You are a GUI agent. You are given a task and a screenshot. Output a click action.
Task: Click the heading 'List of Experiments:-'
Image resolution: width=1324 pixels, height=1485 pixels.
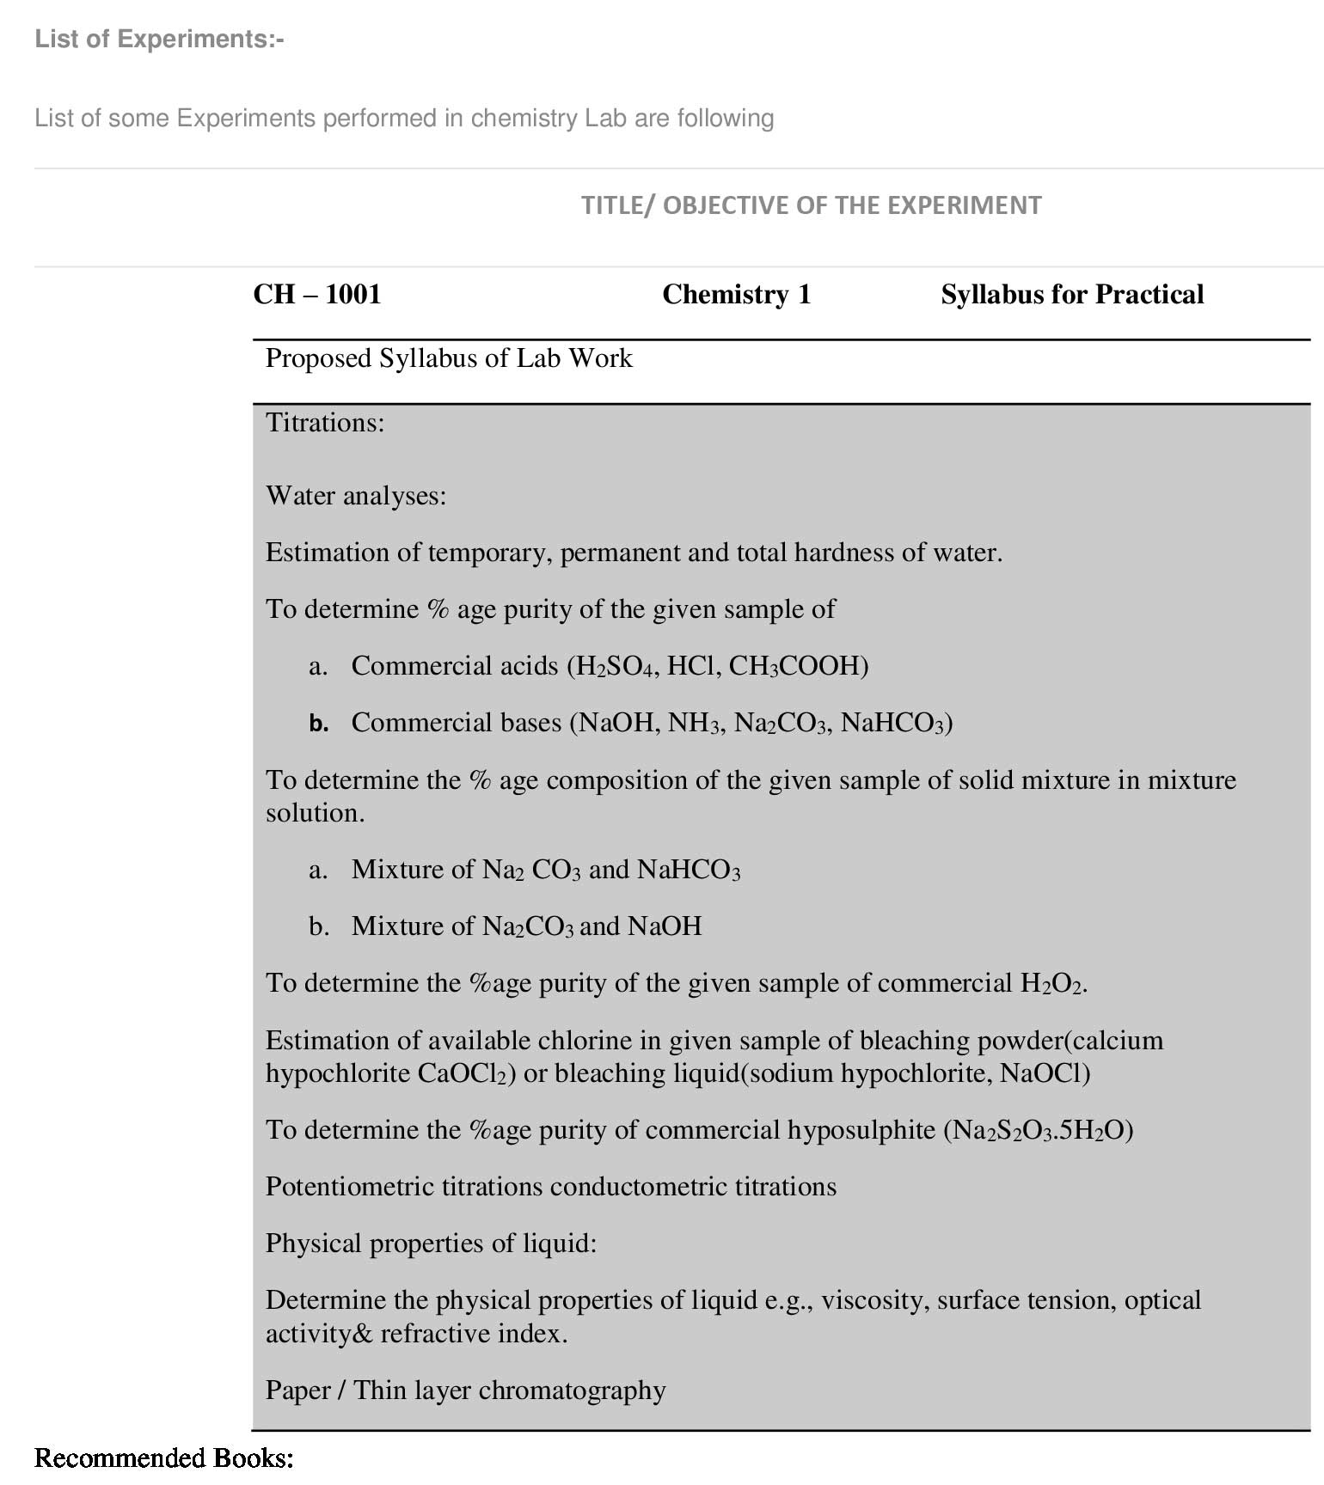(159, 40)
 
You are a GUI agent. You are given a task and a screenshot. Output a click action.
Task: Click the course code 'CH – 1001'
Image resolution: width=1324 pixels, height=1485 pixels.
(317, 295)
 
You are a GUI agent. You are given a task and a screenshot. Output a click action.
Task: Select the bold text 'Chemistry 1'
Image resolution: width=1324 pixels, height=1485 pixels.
(737, 295)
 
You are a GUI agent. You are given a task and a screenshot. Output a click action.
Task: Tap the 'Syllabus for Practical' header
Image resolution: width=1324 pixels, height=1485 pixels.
(1072, 295)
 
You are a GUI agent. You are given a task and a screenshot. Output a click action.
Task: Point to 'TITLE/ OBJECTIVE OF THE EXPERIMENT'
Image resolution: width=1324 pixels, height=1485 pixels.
(811, 205)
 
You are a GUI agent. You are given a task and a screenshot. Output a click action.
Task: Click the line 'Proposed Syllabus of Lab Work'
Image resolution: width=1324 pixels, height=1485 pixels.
(449, 358)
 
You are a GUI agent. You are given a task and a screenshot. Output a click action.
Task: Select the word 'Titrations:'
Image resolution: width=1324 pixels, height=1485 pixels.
(325, 423)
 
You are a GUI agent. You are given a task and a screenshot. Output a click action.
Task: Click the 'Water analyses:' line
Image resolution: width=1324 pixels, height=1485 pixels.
(356, 496)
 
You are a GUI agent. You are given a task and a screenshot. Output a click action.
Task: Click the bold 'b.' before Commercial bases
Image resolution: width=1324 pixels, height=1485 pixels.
(319, 724)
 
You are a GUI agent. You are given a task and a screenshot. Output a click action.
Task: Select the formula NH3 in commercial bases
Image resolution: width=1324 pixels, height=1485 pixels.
(693, 723)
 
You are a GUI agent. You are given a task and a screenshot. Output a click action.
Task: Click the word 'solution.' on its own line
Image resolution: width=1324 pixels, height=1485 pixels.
(316, 813)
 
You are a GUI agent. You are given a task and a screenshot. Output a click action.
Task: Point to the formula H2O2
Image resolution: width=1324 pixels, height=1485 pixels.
(1051, 983)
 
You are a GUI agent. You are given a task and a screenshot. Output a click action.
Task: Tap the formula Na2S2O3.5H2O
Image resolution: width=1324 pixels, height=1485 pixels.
(1038, 1130)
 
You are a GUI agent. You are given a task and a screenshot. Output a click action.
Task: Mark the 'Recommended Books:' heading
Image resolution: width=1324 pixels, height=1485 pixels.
(164, 1458)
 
